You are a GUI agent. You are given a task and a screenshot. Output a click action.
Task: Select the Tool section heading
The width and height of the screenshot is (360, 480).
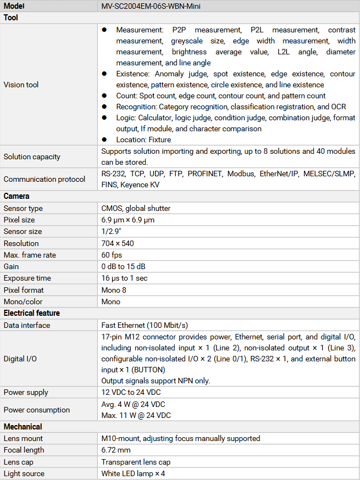click(x=11, y=18)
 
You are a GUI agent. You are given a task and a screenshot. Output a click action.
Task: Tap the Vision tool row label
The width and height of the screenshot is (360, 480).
click(x=21, y=85)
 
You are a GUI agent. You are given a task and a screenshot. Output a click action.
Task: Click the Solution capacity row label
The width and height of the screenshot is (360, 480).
click(x=31, y=157)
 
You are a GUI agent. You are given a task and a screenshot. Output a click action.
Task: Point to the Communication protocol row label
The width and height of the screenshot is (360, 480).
click(x=44, y=179)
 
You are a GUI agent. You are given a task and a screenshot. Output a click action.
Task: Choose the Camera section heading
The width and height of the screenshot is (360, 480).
click(x=16, y=196)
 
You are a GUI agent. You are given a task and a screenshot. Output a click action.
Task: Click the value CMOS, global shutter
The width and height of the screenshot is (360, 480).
click(x=136, y=208)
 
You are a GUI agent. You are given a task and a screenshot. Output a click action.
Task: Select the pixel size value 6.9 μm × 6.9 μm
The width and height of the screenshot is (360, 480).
click(x=128, y=220)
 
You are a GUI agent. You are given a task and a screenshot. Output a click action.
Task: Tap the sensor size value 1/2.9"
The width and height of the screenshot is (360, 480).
click(x=112, y=231)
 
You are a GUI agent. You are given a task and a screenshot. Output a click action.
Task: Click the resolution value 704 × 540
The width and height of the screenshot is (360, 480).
click(x=118, y=243)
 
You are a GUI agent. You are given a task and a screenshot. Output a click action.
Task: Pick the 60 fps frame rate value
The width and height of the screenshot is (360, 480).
click(x=112, y=255)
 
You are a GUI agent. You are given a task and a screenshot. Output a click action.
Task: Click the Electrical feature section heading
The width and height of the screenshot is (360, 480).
click(x=32, y=313)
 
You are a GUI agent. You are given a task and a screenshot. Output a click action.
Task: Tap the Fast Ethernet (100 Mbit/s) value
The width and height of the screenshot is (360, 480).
click(x=145, y=325)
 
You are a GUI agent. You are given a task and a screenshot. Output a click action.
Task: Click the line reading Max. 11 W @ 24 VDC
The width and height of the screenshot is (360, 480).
click(x=136, y=415)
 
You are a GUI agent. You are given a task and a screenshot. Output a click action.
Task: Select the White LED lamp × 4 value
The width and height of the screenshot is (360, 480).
click(x=133, y=473)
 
